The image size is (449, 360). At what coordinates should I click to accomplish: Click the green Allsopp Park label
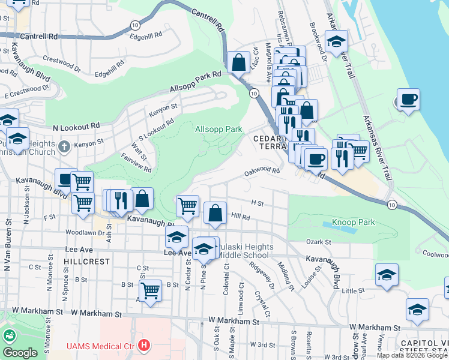(x=218, y=129)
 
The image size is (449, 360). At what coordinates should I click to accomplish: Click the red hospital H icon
(x=143, y=346)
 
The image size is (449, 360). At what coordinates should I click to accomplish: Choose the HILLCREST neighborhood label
(x=87, y=262)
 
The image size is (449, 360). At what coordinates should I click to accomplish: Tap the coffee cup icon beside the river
(x=408, y=100)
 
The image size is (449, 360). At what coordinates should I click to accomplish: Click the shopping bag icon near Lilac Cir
(x=238, y=63)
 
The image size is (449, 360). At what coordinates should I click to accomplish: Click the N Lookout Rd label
(x=76, y=127)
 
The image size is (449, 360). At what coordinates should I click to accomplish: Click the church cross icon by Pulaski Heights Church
(x=65, y=146)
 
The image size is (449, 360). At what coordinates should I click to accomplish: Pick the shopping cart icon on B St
(x=150, y=290)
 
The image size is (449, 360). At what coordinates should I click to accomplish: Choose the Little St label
(x=349, y=291)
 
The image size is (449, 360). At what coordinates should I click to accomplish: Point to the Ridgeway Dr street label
(x=262, y=276)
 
